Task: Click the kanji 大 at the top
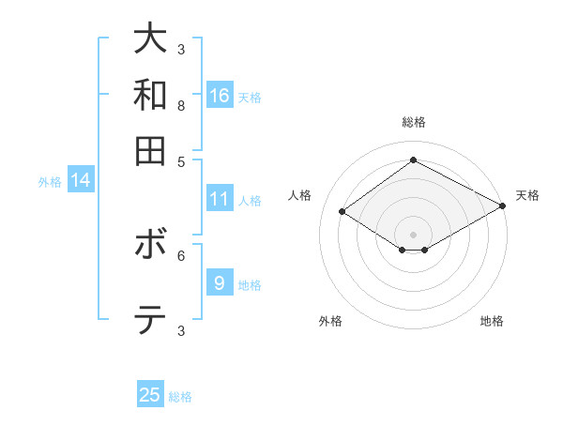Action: click(150, 38)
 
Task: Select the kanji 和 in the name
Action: click(150, 95)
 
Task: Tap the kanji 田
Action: click(150, 150)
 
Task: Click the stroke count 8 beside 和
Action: click(180, 105)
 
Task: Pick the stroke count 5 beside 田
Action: click(180, 160)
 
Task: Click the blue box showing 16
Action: click(220, 95)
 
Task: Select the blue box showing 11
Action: click(220, 199)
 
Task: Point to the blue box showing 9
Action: click(220, 283)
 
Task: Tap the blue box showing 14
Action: click(81, 180)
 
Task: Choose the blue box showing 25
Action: click(150, 395)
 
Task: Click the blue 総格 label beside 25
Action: click(180, 397)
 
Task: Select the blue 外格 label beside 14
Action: click(50, 182)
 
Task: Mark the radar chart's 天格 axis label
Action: click(527, 195)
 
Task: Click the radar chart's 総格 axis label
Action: click(413, 122)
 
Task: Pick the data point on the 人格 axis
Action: click(342, 212)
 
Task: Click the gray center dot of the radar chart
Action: click(413, 234)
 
